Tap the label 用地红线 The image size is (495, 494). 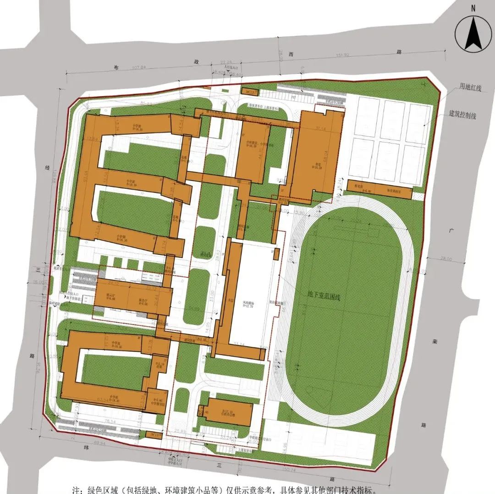click(471, 88)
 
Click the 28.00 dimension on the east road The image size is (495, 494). click(446, 259)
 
